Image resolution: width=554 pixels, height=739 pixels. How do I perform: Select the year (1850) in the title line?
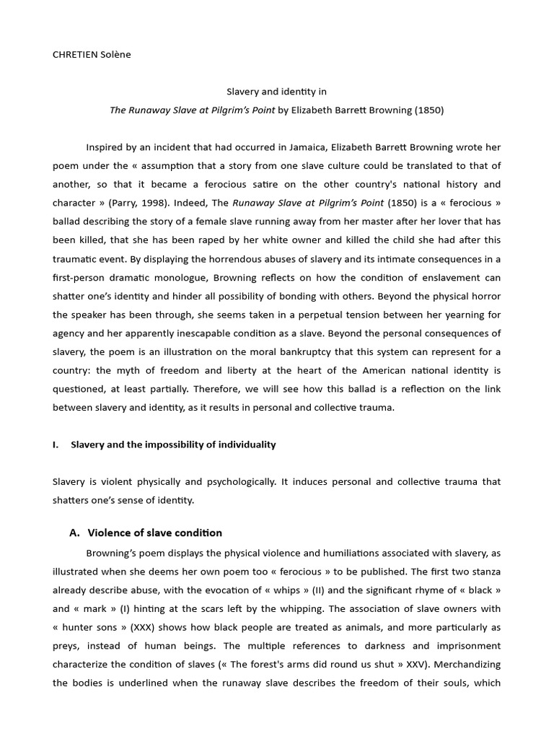(429, 110)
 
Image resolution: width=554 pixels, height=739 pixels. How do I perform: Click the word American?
(374, 370)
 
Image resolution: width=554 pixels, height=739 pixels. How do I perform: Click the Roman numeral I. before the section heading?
(56, 445)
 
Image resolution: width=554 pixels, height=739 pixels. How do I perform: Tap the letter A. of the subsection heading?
(74, 533)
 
